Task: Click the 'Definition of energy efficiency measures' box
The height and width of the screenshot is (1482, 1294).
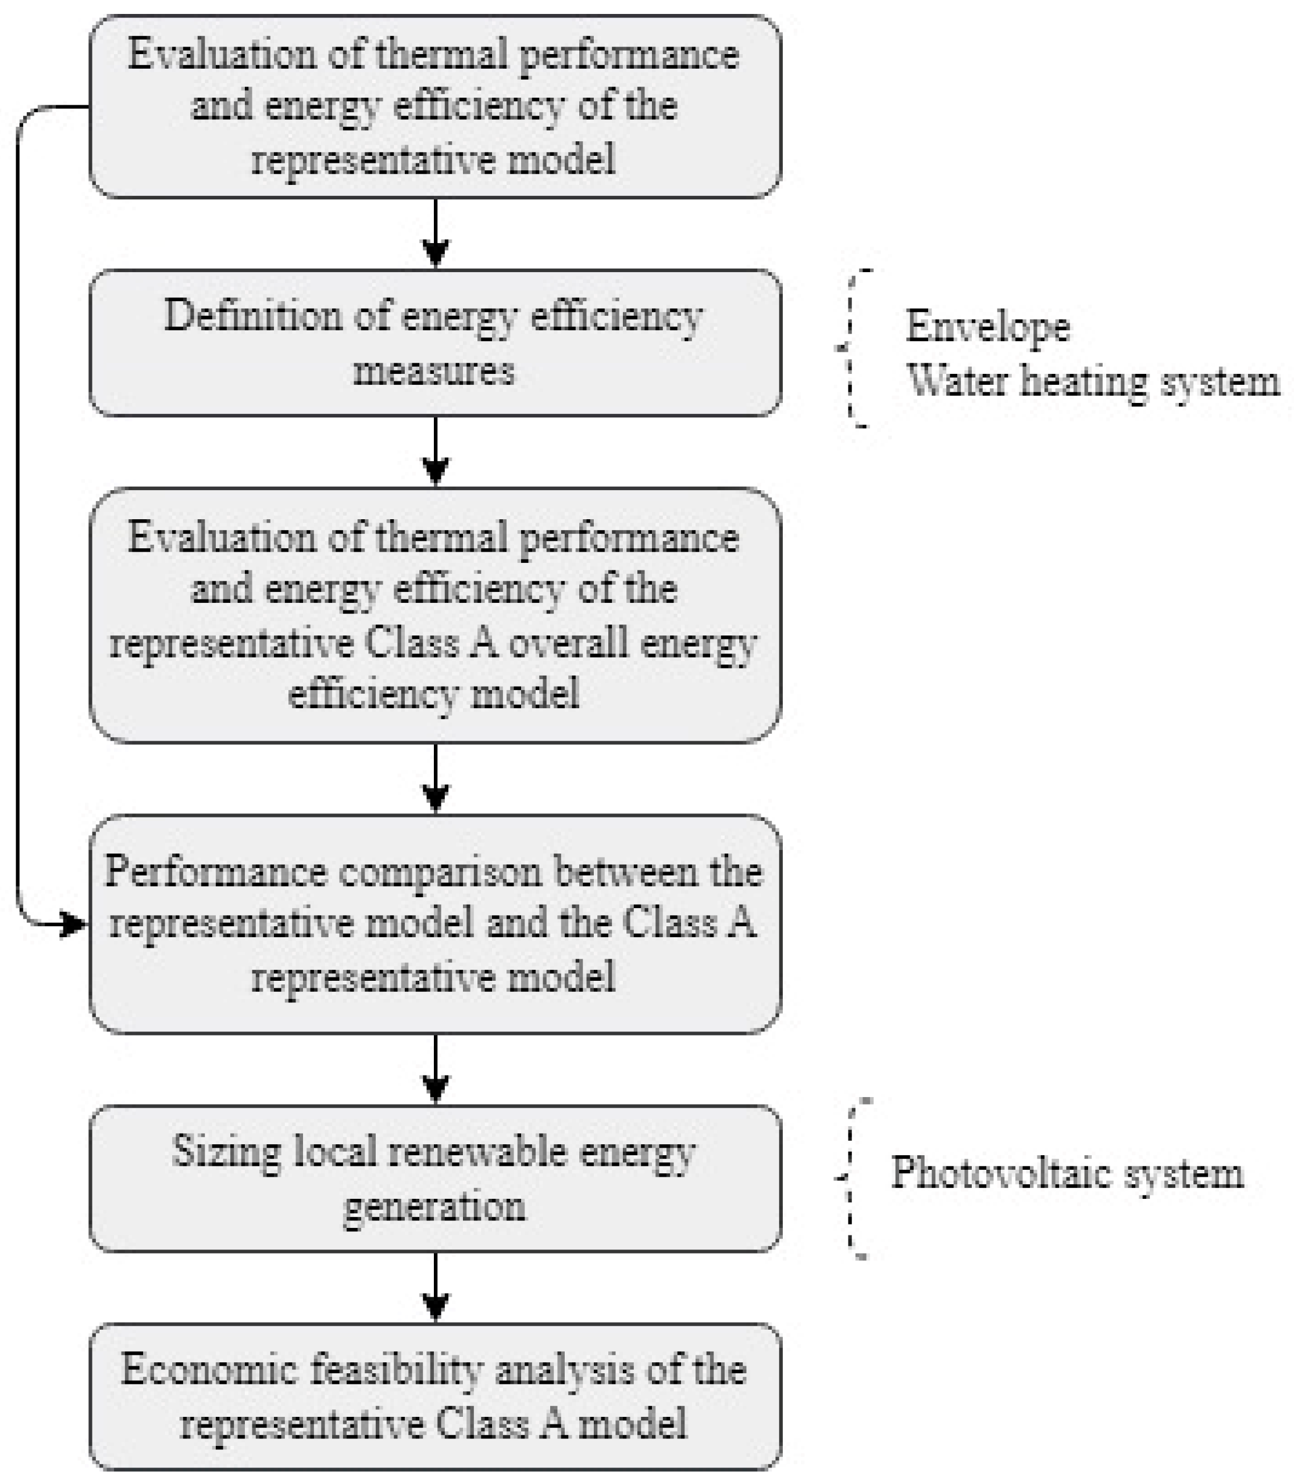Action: (434, 343)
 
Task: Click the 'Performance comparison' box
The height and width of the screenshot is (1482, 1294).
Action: (434, 924)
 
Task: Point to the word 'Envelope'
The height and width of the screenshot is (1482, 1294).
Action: (987, 327)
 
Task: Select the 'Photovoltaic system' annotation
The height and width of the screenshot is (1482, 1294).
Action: (1067, 1172)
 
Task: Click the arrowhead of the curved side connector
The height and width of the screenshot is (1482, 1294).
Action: (72, 923)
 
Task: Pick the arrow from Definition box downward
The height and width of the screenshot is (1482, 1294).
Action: (434, 452)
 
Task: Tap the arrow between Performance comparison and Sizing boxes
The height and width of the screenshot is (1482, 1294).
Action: (434, 1069)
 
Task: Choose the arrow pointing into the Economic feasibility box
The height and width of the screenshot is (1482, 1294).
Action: (434, 1288)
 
